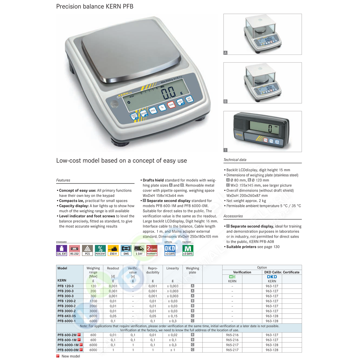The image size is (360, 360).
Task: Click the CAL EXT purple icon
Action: pyautogui.click(x=62, y=250)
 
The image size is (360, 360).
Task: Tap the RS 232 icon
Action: pyautogui.click(x=75, y=250)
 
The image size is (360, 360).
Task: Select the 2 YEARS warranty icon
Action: pyautogui.click(x=152, y=250)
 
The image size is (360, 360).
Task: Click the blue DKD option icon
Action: pyautogui.click(x=170, y=250)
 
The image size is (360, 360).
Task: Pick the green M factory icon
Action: pyautogui.click(x=188, y=250)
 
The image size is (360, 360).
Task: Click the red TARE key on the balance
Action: pyautogui.click(x=171, y=105)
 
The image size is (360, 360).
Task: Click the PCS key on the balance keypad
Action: pyautogui.click(x=153, y=110)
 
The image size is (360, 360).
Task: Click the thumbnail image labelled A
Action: pyautogui.click(x=263, y=34)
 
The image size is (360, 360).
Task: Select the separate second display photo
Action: pyautogui.click(x=263, y=131)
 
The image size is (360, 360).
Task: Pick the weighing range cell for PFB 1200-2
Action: pyautogui.click(x=93, y=301)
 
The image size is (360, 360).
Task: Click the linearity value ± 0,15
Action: pyautogui.click(x=173, y=316)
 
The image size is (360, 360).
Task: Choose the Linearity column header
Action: pyautogui.click(x=173, y=268)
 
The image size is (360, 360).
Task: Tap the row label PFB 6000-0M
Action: pyautogui.click(x=67, y=350)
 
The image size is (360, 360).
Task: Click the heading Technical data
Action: pyautogui.click(x=235, y=160)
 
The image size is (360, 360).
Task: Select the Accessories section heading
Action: pyautogui.click(x=233, y=216)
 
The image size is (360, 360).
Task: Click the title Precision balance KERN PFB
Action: pyautogui.click(x=95, y=6)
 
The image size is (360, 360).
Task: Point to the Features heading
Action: pyautogui.click(x=63, y=180)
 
